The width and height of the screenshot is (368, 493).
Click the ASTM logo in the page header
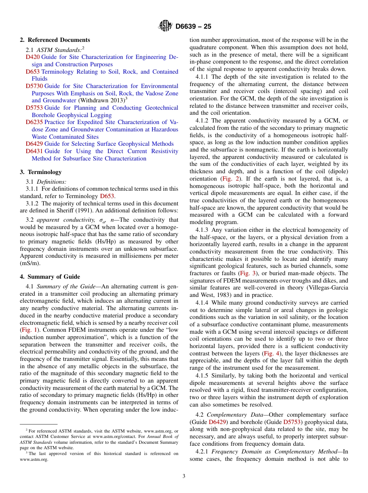[x=165, y=26]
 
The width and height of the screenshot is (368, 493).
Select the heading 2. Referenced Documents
[x=55, y=40]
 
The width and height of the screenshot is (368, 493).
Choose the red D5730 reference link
[x=34, y=86]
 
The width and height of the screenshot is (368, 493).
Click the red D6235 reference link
[x=34, y=122]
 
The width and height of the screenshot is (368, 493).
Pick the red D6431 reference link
[x=34, y=151]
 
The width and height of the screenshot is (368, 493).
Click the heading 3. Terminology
[x=41, y=172]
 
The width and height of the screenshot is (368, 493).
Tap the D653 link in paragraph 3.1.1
[x=107, y=196]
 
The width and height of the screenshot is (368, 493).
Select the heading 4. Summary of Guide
[x=50, y=277]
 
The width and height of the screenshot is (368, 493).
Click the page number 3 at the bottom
[x=184, y=476]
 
